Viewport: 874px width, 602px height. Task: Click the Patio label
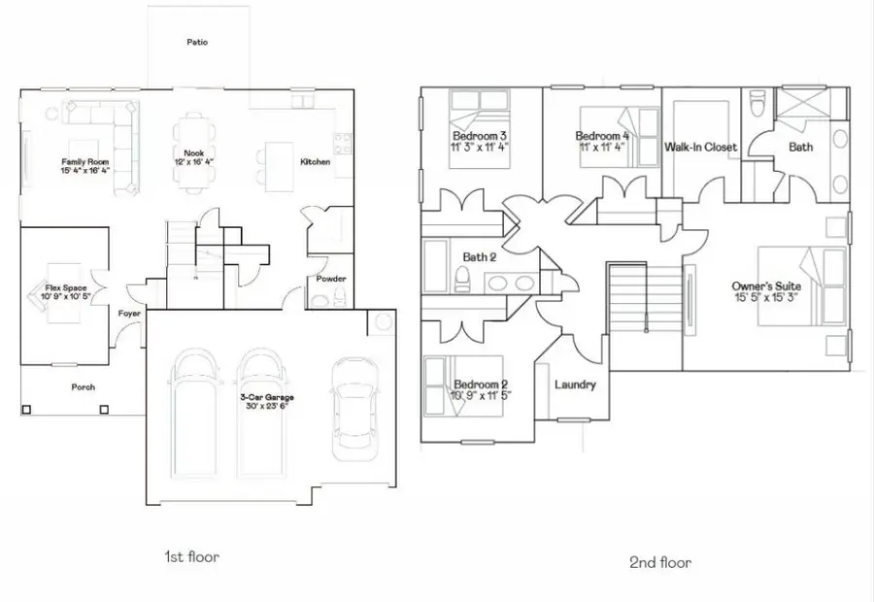tap(197, 43)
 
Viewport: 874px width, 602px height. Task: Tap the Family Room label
tap(84, 162)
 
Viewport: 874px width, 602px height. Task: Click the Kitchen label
tap(315, 162)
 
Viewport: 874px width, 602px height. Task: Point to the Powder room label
tap(331, 279)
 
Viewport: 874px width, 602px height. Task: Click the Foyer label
tap(129, 314)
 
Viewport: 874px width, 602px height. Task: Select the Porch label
tap(84, 386)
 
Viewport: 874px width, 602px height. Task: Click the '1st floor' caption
tap(191, 557)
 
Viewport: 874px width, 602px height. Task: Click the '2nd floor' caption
tap(659, 562)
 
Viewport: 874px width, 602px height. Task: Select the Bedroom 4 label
tap(602, 136)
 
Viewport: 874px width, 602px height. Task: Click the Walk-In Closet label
tap(700, 148)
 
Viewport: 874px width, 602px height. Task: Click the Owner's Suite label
tap(767, 286)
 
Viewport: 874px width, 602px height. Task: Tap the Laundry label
tap(575, 385)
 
